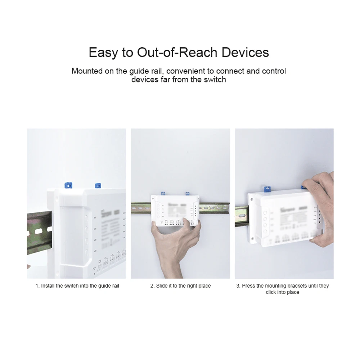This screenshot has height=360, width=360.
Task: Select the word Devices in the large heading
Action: click(x=245, y=53)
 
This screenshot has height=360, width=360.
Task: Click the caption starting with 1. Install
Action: click(x=77, y=286)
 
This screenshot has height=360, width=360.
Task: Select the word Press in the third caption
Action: click(x=248, y=286)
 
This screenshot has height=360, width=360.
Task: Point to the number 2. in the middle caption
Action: click(x=152, y=286)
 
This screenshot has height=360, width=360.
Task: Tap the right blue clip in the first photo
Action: click(x=97, y=186)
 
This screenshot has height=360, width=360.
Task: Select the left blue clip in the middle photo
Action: click(x=163, y=194)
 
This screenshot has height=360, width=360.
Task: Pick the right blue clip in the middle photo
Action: click(x=187, y=194)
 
